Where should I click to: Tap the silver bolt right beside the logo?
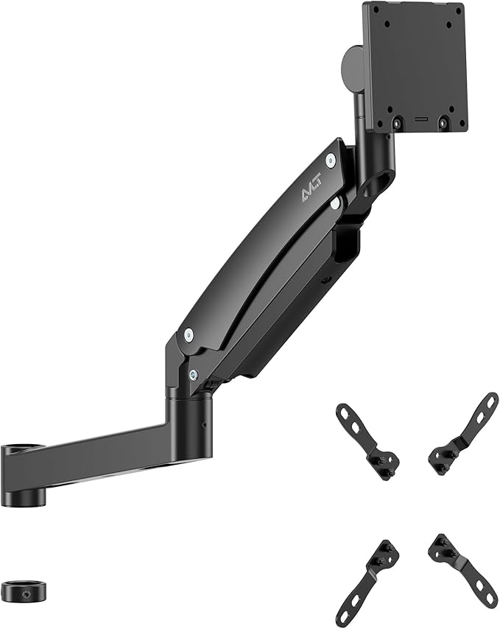tap(331, 159)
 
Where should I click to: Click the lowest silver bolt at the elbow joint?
tap(193, 374)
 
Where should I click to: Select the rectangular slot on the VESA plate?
tap(420, 118)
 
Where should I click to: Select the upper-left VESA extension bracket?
tap(367, 440)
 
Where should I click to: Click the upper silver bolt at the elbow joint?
tap(189, 334)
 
